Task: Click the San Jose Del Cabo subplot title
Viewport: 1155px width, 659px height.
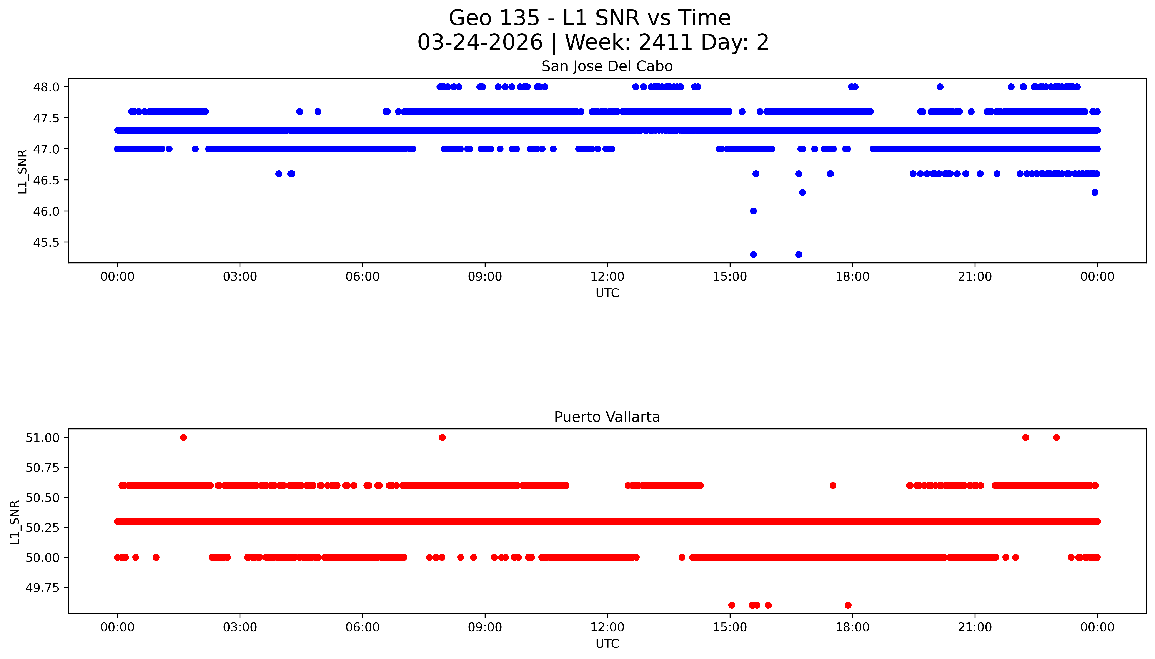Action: pos(607,66)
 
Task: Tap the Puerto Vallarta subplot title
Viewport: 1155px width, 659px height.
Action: pos(607,417)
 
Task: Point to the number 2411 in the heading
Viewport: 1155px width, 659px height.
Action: pos(666,43)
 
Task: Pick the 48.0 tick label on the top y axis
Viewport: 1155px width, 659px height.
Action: pos(46,87)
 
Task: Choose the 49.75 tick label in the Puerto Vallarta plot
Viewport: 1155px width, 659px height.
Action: pos(43,588)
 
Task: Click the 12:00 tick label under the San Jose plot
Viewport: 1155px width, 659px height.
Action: pos(607,277)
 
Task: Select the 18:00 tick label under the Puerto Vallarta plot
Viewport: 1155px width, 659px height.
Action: pos(852,627)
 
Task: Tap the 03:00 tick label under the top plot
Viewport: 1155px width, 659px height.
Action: pos(240,277)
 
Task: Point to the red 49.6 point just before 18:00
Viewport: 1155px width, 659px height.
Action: pos(848,605)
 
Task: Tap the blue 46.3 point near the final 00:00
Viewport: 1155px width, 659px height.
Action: pos(1095,192)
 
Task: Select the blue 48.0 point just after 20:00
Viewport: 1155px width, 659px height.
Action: pos(940,87)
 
